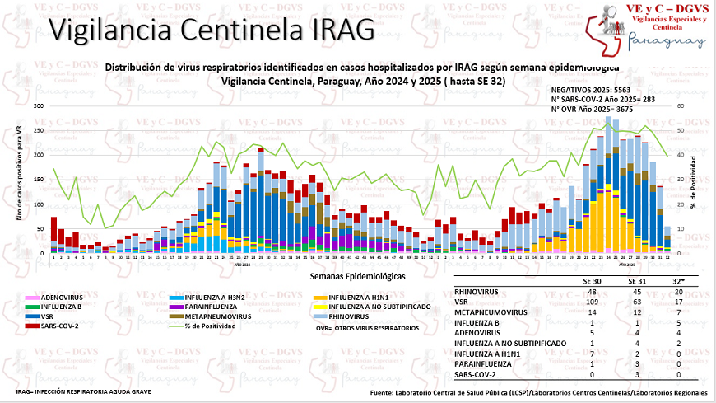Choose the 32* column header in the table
tap(676, 280)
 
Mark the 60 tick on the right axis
tap(681, 106)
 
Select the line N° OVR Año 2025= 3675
tap(594, 107)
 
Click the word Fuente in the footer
tap(380, 393)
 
